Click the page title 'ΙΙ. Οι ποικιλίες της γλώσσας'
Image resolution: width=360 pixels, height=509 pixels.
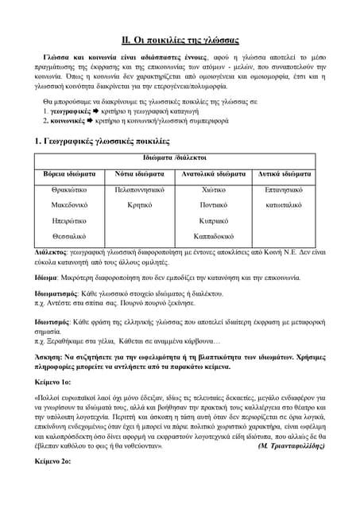[x=180, y=39]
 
